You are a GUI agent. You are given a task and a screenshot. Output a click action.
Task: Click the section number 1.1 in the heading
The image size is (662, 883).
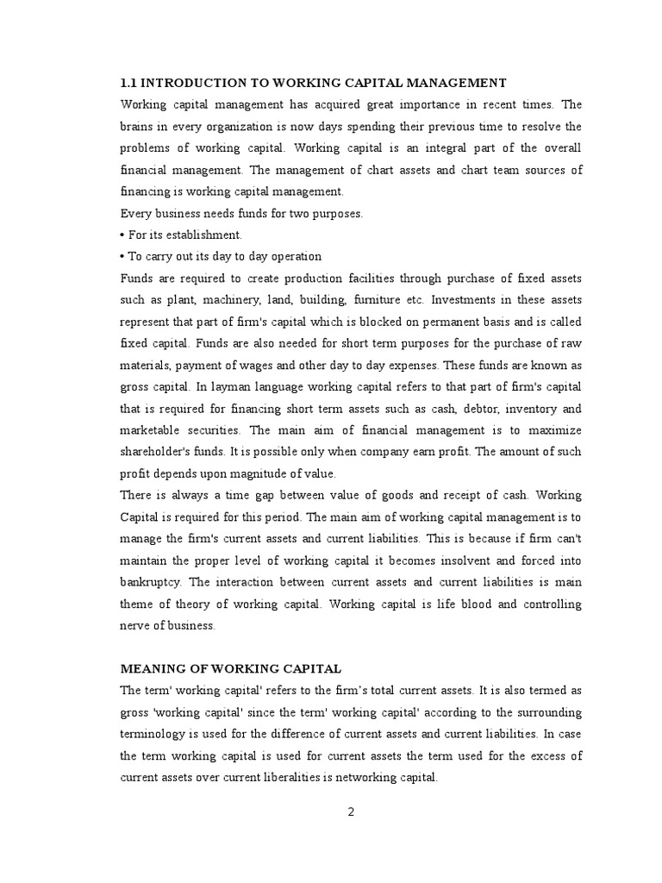[128, 83]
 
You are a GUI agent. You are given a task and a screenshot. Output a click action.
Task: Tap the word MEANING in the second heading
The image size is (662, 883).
[149, 668]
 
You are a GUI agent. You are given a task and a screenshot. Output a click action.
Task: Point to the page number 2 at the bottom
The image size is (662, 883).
[351, 811]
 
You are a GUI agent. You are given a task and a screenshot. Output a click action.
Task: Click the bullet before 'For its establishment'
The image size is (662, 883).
[123, 235]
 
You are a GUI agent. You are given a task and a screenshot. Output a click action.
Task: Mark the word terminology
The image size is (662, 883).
[156, 735]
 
